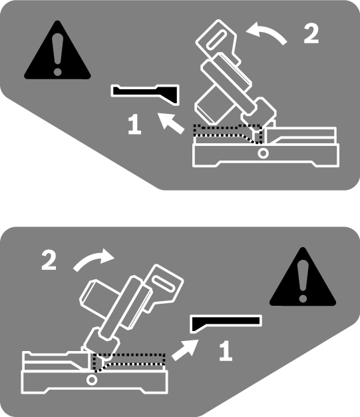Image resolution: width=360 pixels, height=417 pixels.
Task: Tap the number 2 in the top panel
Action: pyautogui.click(x=311, y=33)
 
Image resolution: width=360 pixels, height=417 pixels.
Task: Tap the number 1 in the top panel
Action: pyautogui.click(x=134, y=124)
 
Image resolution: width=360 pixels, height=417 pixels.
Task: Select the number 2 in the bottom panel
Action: pyautogui.click(x=49, y=261)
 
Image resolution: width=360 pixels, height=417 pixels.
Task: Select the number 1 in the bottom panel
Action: pyautogui.click(x=226, y=351)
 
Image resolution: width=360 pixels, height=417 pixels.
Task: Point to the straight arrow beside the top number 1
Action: pyautogui.click(x=171, y=123)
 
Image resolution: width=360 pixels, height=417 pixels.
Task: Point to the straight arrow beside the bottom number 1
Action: pyautogui.click(x=185, y=350)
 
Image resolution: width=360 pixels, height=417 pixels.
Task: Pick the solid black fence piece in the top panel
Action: pyautogui.click(x=145, y=93)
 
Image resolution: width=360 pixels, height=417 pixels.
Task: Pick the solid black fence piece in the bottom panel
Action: pyautogui.click(x=226, y=322)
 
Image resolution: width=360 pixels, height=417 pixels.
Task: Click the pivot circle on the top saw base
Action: pyautogui.click(x=263, y=153)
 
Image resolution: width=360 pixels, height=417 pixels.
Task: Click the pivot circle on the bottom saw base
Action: pyautogui.click(x=92, y=380)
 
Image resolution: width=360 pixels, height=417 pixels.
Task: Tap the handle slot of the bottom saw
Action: pyautogui.click(x=164, y=284)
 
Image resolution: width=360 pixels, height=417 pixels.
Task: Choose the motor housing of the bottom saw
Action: pyautogui.click(x=99, y=296)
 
